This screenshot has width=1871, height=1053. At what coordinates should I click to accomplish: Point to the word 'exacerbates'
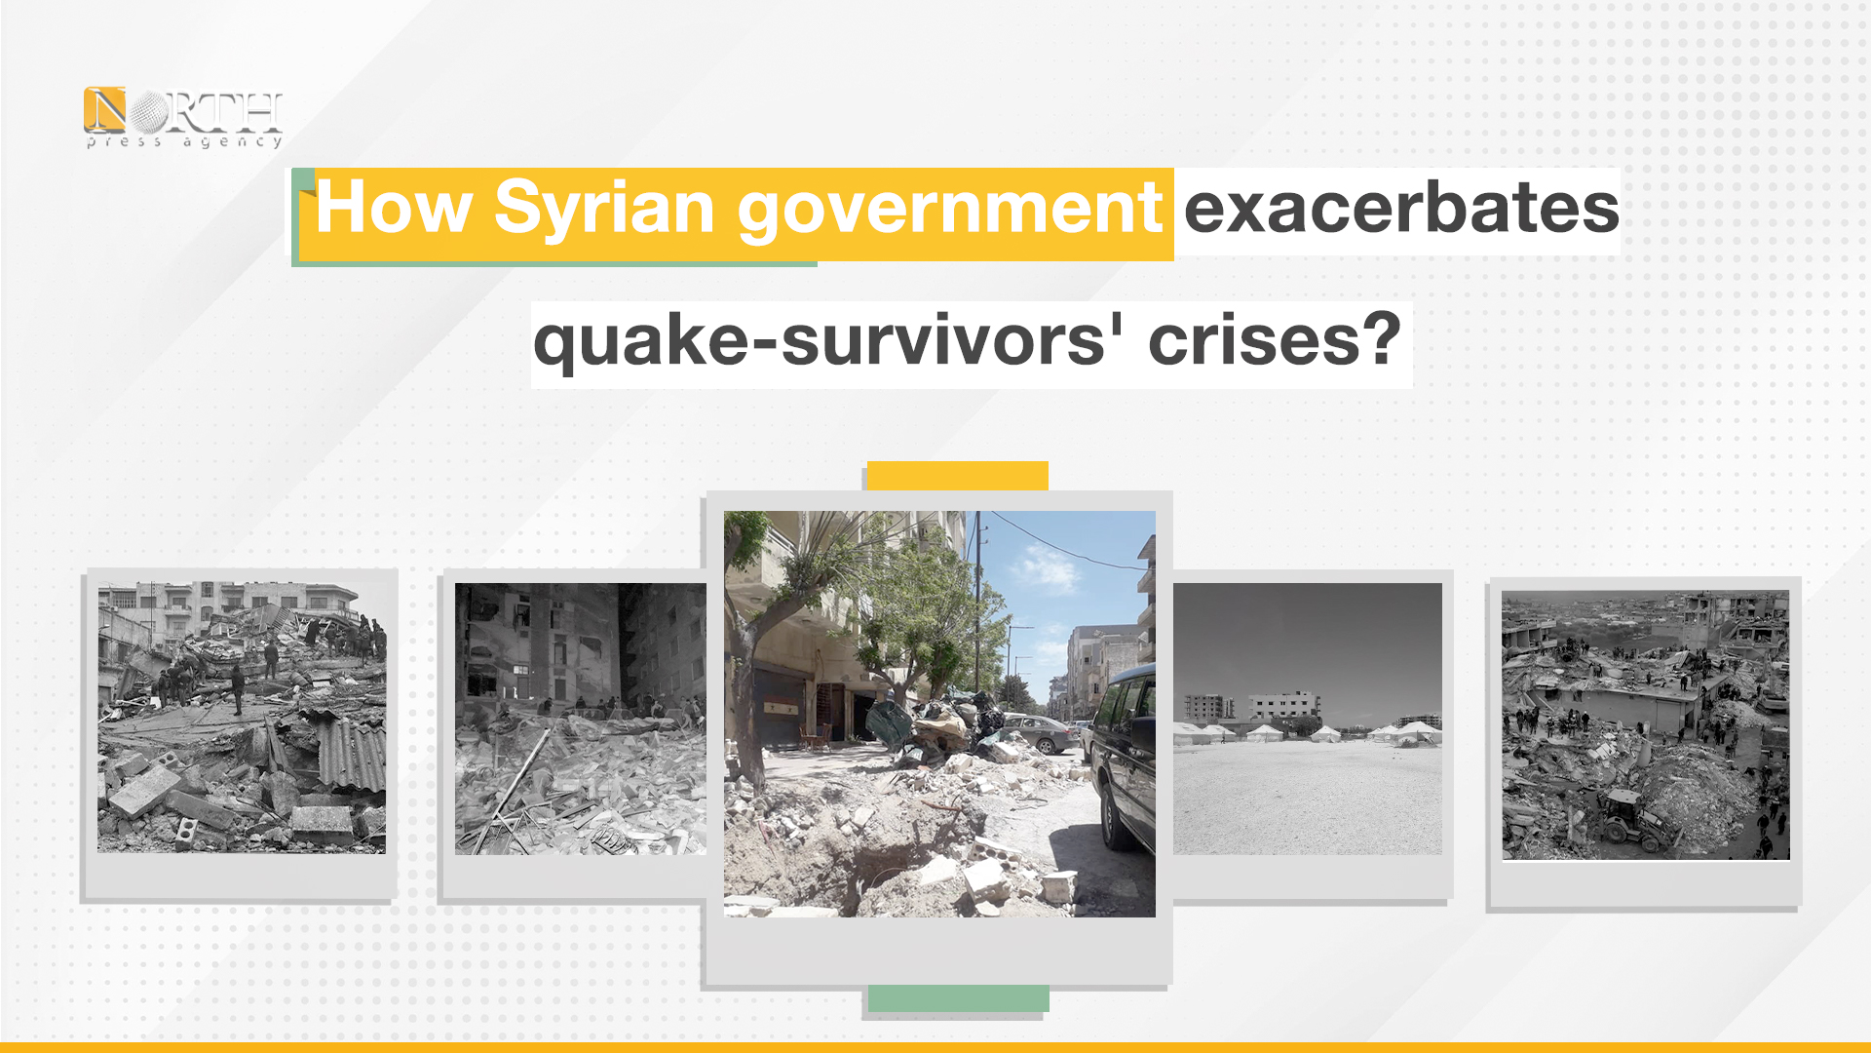coord(1401,208)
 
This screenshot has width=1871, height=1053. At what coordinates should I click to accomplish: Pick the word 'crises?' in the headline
coord(1275,340)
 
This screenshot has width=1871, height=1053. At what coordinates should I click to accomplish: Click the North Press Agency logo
coord(183,118)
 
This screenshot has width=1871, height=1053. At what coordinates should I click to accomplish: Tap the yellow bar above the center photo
coord(957,476)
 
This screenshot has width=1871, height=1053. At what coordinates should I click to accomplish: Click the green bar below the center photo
coord(959,998)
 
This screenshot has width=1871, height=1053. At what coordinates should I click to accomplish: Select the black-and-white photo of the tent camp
coord(1308,719)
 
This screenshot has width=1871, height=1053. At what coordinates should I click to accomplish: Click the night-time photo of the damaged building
coord(581,719)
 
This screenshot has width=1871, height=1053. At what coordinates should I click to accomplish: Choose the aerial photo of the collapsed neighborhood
coord(1646,725)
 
